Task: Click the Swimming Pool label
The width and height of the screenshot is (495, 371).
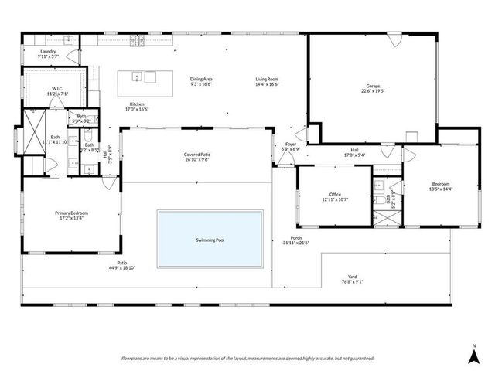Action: click(x=210, y=240)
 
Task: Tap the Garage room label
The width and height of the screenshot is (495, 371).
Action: click(x=373, y=86)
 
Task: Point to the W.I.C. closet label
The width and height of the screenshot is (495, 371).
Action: click(x=57, y=88)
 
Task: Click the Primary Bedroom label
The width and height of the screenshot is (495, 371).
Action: click(x=70, y=213)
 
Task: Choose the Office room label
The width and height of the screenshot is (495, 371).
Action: click(x=335, y=194)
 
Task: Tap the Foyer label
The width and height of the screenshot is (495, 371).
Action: click(x=291, y=144)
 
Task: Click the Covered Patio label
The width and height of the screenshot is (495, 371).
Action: click(x=197, y=155)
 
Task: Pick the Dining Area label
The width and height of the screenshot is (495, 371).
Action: click(x=201, y=79)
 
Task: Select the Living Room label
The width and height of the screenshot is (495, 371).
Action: click(x=268, y=79)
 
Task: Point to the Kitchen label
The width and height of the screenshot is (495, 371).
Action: click(x=137, y=104)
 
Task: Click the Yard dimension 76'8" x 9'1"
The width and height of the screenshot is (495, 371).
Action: click(x=351, y=282)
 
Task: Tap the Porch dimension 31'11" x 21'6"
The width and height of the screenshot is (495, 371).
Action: click(x=296, y=243)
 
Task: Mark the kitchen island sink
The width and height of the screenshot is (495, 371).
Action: click(x=136, y=77)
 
